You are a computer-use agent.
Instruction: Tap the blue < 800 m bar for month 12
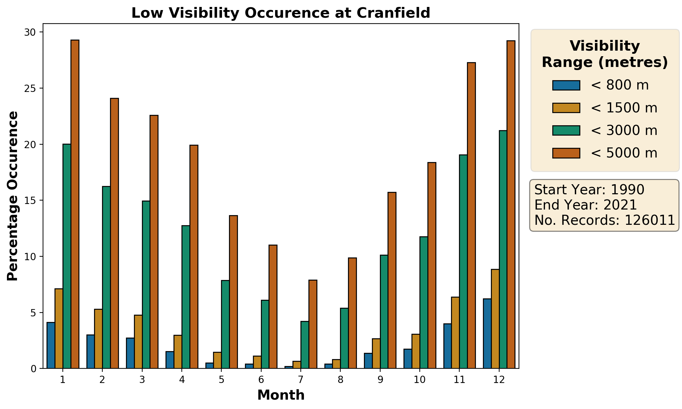[x=487, y=333]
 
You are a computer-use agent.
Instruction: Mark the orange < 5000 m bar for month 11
[x=471, y=215]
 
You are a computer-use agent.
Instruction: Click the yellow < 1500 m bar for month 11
[x=455, y=333]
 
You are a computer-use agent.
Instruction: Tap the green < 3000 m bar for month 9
[x=384, y=312]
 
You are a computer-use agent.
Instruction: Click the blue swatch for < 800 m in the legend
[x=566, y=85]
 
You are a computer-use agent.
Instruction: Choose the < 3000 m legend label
[x=624, y=130]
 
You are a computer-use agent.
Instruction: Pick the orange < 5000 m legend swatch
[x=566, y=153]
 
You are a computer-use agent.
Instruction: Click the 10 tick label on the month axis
[x=419, y=380]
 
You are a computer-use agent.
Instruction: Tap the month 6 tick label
[x=261, y=380]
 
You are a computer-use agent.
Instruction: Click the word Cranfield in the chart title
[x=393, y=13]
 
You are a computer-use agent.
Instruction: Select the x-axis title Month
[x=281, y=395]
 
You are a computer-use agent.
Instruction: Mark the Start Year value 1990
[x=627, y=190]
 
